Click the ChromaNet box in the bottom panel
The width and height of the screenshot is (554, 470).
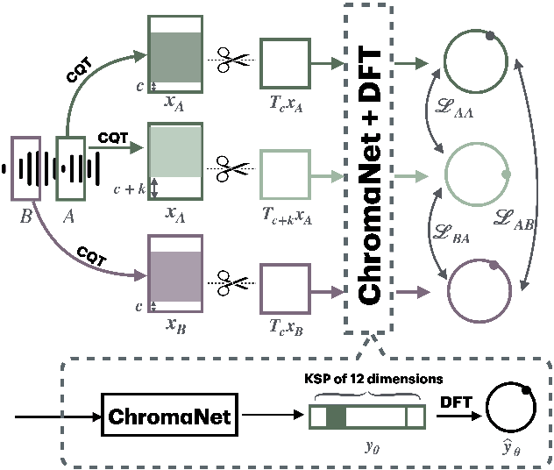point(171,417)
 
